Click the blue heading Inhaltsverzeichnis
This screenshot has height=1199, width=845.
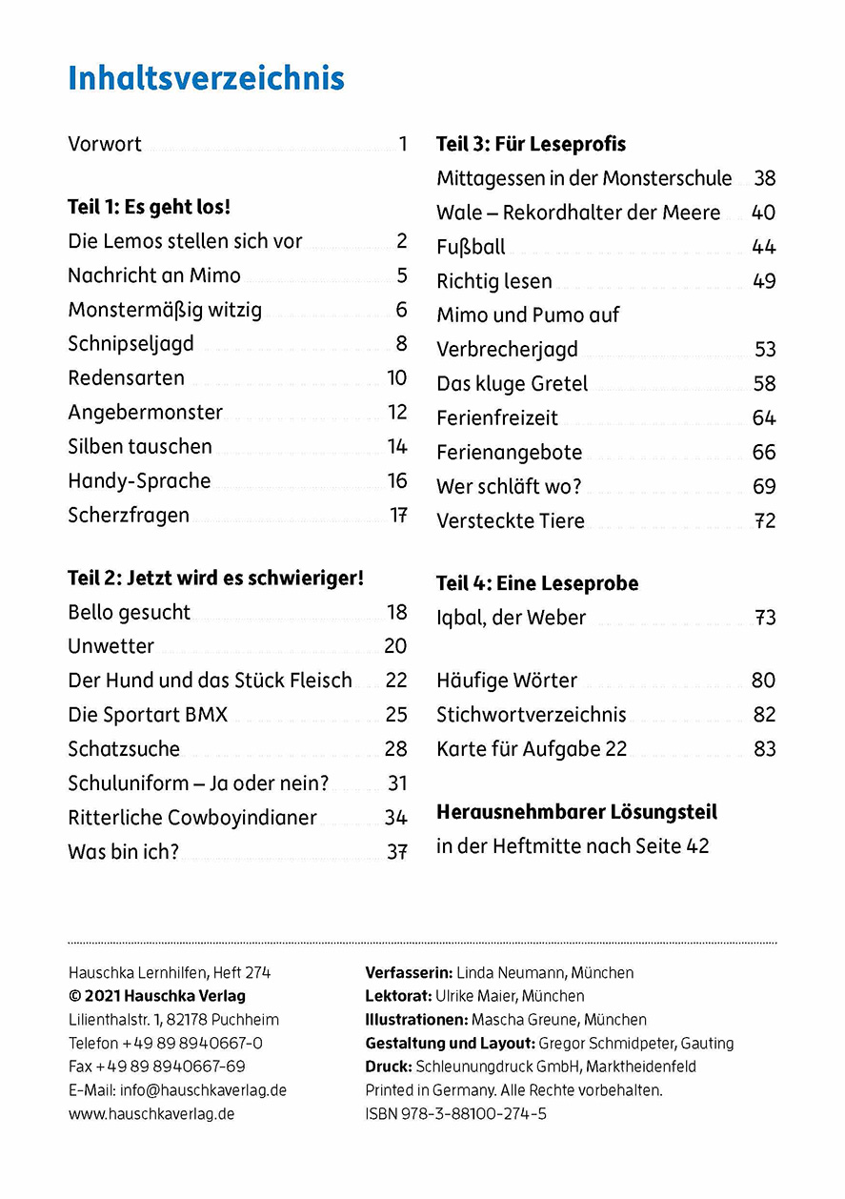click(206, 78)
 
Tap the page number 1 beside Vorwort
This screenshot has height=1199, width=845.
click(403, 144)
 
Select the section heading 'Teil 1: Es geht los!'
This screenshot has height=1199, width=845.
click(150, 207)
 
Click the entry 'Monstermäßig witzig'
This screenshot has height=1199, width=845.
click(165, 310)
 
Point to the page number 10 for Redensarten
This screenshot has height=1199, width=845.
click(396, 377)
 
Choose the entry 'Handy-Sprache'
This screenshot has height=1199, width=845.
click(139, 480)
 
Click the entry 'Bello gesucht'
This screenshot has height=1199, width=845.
click(129, 612)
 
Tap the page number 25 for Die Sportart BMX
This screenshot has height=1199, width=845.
click(396, 715)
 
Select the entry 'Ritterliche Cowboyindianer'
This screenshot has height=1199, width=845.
click(192, 818)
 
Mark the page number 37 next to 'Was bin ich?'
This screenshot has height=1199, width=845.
click(396, 852)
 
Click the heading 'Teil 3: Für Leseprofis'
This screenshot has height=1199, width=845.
click(531, 144)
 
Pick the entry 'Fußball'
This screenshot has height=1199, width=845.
click(471, 247)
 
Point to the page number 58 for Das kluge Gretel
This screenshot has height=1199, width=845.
click(764, 384)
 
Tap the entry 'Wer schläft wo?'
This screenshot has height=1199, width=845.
click(509, 487)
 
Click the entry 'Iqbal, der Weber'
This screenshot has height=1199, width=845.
click(511, 618)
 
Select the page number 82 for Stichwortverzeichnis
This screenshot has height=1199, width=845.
click(764, 715)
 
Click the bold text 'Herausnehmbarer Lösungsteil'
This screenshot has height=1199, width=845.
click(576, 812)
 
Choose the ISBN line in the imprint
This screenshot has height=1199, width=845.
click(455, 1113)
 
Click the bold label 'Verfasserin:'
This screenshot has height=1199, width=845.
click(409, 973)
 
